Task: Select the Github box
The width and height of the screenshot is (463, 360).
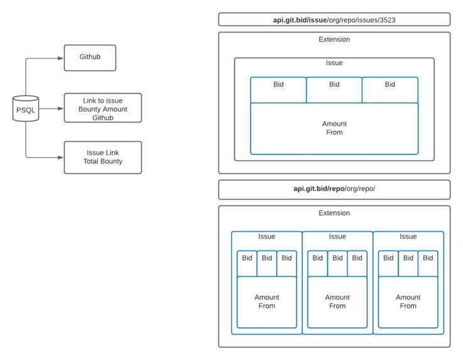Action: coord(90,57)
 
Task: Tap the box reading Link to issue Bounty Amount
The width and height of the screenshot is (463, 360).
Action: coord(102,109)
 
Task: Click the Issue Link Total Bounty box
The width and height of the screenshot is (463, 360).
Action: coord(102,157)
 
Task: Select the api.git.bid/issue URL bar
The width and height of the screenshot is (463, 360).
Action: coord(334,19)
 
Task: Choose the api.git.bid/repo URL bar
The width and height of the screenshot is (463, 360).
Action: coord(334,189)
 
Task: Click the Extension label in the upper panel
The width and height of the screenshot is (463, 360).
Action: coord(334,40)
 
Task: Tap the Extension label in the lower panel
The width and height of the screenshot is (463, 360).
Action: coord(334,213)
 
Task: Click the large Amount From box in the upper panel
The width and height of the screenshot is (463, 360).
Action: coord(334,128)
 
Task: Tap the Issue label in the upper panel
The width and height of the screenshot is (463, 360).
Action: coord(334,63)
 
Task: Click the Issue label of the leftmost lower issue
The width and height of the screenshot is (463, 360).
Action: coord(266,237)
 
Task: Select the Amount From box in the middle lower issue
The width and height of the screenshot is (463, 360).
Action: coord(337,302)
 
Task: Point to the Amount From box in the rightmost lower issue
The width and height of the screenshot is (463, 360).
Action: coord(408,302)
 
